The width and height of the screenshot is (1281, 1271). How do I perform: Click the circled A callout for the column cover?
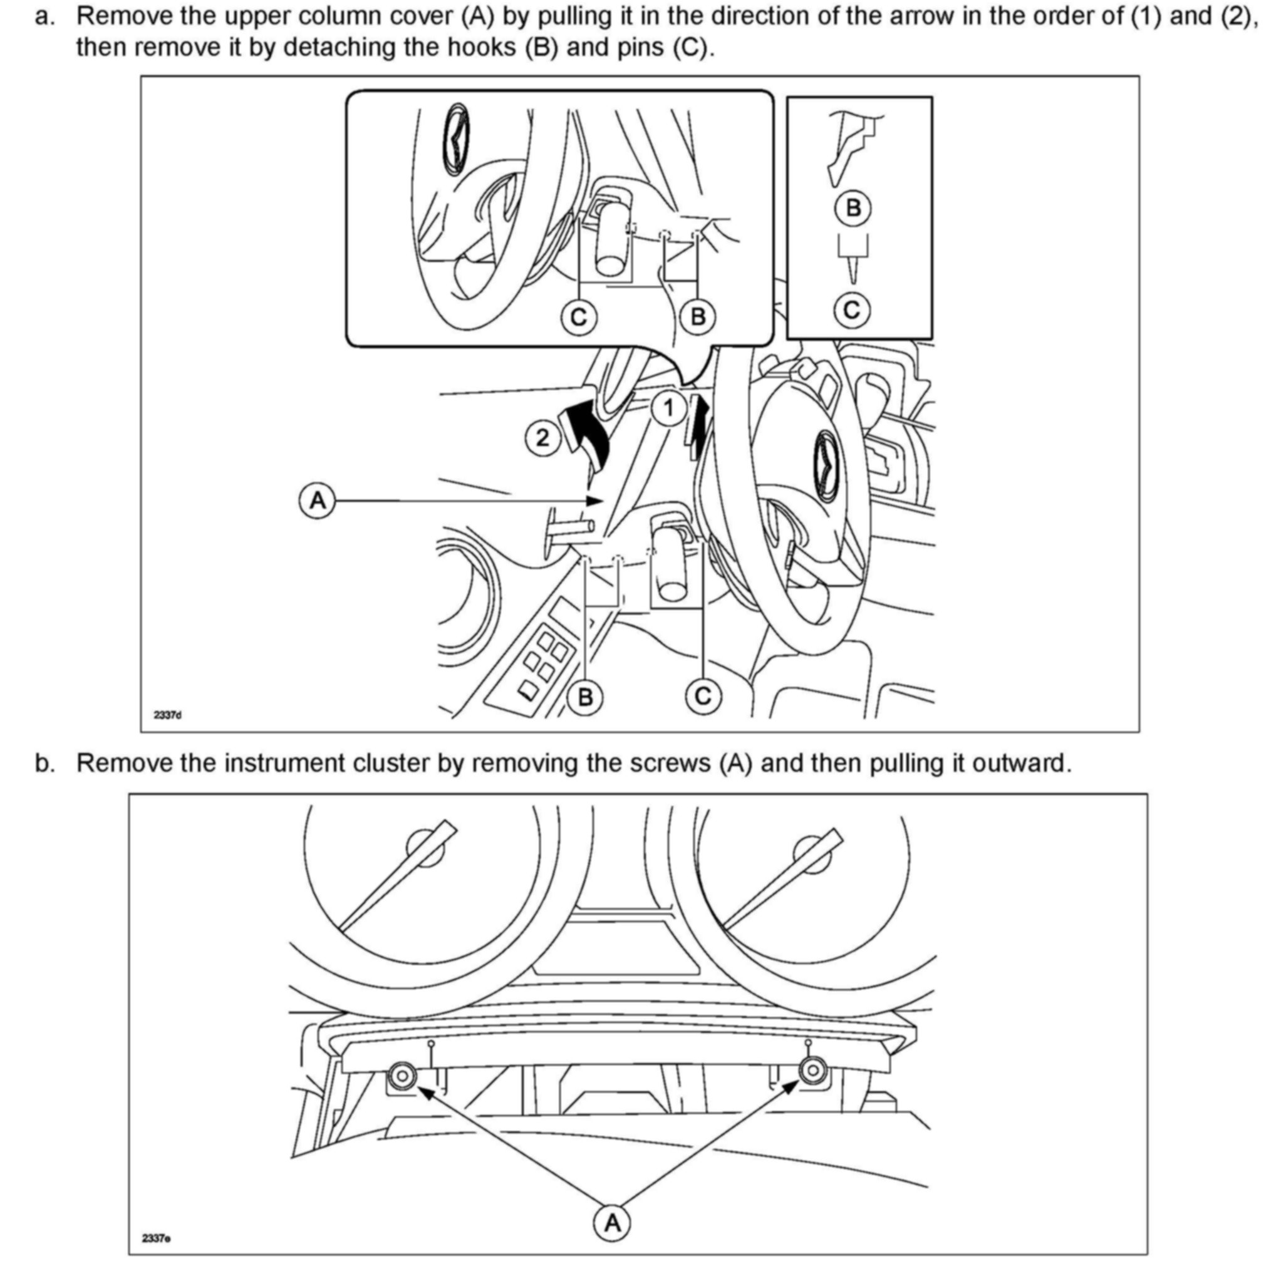tap(319, 501)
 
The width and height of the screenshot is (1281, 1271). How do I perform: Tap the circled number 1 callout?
tap(669, 408)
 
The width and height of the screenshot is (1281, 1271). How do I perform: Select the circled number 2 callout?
tap(542, 438)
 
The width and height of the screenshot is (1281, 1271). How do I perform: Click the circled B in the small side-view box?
tap(853, 208)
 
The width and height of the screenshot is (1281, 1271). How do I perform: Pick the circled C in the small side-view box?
tap(852, 309)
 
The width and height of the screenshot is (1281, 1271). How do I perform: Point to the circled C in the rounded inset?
tap(578, 318)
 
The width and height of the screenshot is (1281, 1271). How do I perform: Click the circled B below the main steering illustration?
tap(585, 697)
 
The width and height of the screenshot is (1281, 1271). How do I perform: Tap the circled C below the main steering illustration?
tap(703, 696)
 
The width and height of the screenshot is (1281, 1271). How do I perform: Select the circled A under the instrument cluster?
tap(612, 1222)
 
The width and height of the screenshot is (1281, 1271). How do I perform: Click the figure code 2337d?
tap(167, 715)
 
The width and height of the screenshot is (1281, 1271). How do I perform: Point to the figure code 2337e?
tap(157, 1238)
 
